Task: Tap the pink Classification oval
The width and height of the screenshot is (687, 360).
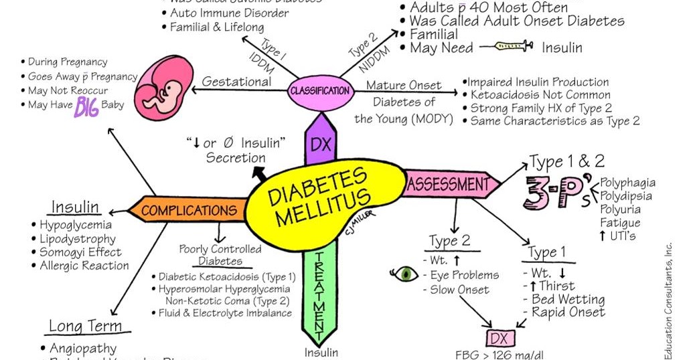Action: (320, 90)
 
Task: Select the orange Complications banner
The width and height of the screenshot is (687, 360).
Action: (189, 211)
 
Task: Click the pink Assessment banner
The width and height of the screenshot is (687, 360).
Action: (449, 183)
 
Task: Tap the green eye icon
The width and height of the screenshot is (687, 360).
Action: (404, 274)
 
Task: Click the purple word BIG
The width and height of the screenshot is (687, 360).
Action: (86, 106)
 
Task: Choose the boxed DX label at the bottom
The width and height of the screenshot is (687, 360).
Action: (498, 337)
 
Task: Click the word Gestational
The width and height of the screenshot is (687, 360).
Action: (236, 82)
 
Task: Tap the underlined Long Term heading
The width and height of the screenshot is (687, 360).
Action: (86, 327)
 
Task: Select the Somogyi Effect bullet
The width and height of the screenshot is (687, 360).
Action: (80, 252)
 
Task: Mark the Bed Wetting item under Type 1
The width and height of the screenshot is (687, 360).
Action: (567, 299)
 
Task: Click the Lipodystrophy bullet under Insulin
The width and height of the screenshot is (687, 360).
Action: (76, 239)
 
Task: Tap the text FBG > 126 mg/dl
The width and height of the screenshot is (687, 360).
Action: (498, 353)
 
